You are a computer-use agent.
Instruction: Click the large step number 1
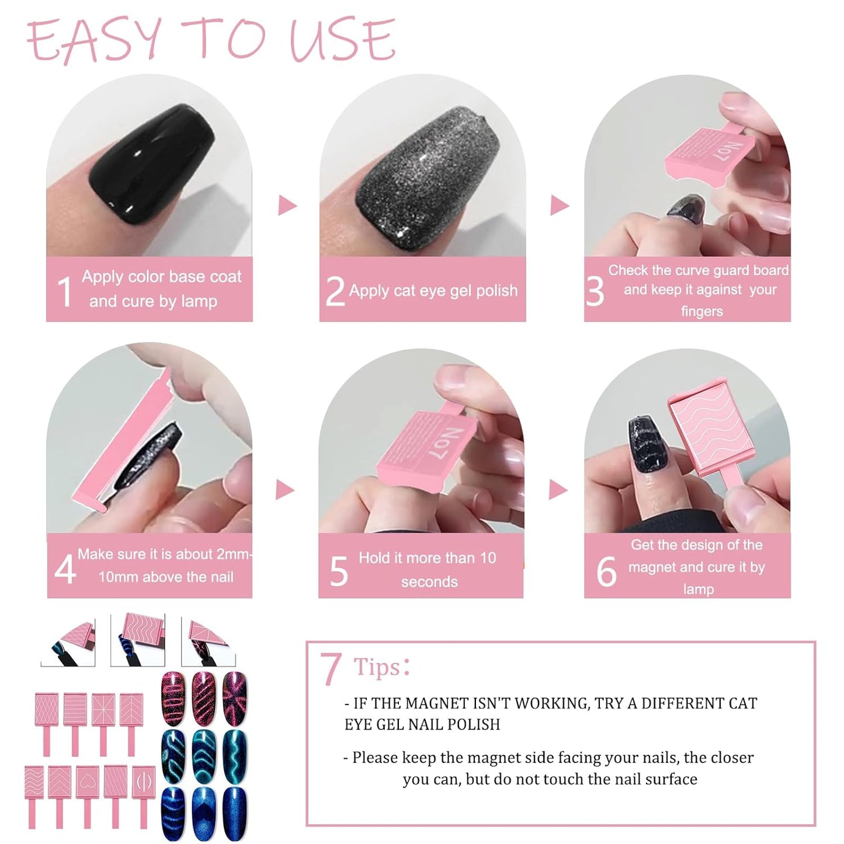coord(65,291)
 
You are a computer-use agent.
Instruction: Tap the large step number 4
coord(65,568)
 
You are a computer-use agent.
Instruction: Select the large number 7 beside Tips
coord(331,669)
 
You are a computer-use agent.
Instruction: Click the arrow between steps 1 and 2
coord(287,206)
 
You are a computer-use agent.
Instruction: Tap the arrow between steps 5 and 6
coord(558,490)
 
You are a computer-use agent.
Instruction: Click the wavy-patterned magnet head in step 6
coord(707,431)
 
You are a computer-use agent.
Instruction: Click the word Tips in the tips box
coord(377,667)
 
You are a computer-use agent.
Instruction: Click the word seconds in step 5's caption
coord(429,582)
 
